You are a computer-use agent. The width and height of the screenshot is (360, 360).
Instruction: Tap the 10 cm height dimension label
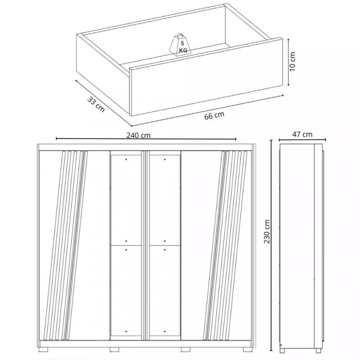pyautogui.click(x=292, y=62)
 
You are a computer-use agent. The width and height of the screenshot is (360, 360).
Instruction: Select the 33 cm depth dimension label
pyautogui.click(x=96, y=104)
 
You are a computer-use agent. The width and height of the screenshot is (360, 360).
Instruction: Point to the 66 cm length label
pyautogui.click(x=214, y=116)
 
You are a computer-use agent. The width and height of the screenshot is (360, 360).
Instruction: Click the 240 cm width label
pyautogui.click(x=139, y=135)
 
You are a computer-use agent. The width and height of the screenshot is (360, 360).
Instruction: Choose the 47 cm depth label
pyautogui.click(x=302, y=134)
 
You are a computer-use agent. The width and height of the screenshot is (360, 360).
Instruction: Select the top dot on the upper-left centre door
pyautogui.click(x=126, y=159)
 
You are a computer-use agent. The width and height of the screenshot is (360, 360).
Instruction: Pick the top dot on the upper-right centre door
pyautogui.click(x=165, y=159)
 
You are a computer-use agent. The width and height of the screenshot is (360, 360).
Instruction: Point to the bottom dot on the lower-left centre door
pyautogui.click(x=126, y=331)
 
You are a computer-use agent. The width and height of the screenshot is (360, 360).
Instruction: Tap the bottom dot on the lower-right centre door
pyautogui.click(x=165, y=331)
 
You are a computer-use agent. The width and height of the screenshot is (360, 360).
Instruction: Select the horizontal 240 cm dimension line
pyautogui.click(x=146, y=139)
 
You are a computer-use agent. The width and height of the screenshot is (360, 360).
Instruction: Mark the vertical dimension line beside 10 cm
pyautogui.click(x=289, y=62)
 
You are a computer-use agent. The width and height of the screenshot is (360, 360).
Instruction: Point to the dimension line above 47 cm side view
pyautogui.click(x=302, y=139)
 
